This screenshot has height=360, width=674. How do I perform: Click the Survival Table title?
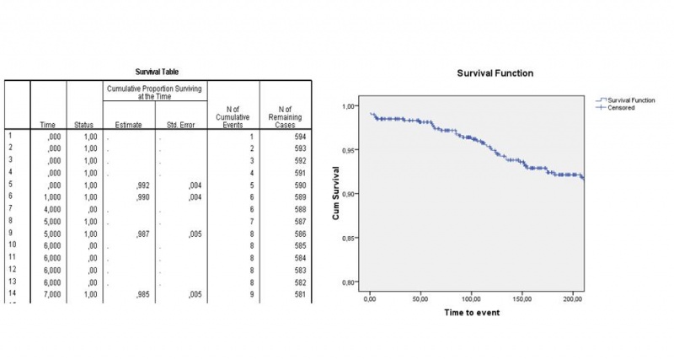(158, 72)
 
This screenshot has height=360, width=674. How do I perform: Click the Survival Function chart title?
(495, 73)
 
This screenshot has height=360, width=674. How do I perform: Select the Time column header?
(48, 126)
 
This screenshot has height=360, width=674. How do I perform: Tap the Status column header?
(84, 126)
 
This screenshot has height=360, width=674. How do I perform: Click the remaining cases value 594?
(300, 136)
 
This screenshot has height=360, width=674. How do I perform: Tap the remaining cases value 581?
(300, 295)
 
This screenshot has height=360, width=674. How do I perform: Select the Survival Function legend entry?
(631, 99)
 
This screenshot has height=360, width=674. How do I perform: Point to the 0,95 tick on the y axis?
(350, 150)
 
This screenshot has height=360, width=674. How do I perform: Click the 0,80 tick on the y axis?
(350, 282)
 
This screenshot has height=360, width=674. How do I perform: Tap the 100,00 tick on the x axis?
(471, 298)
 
